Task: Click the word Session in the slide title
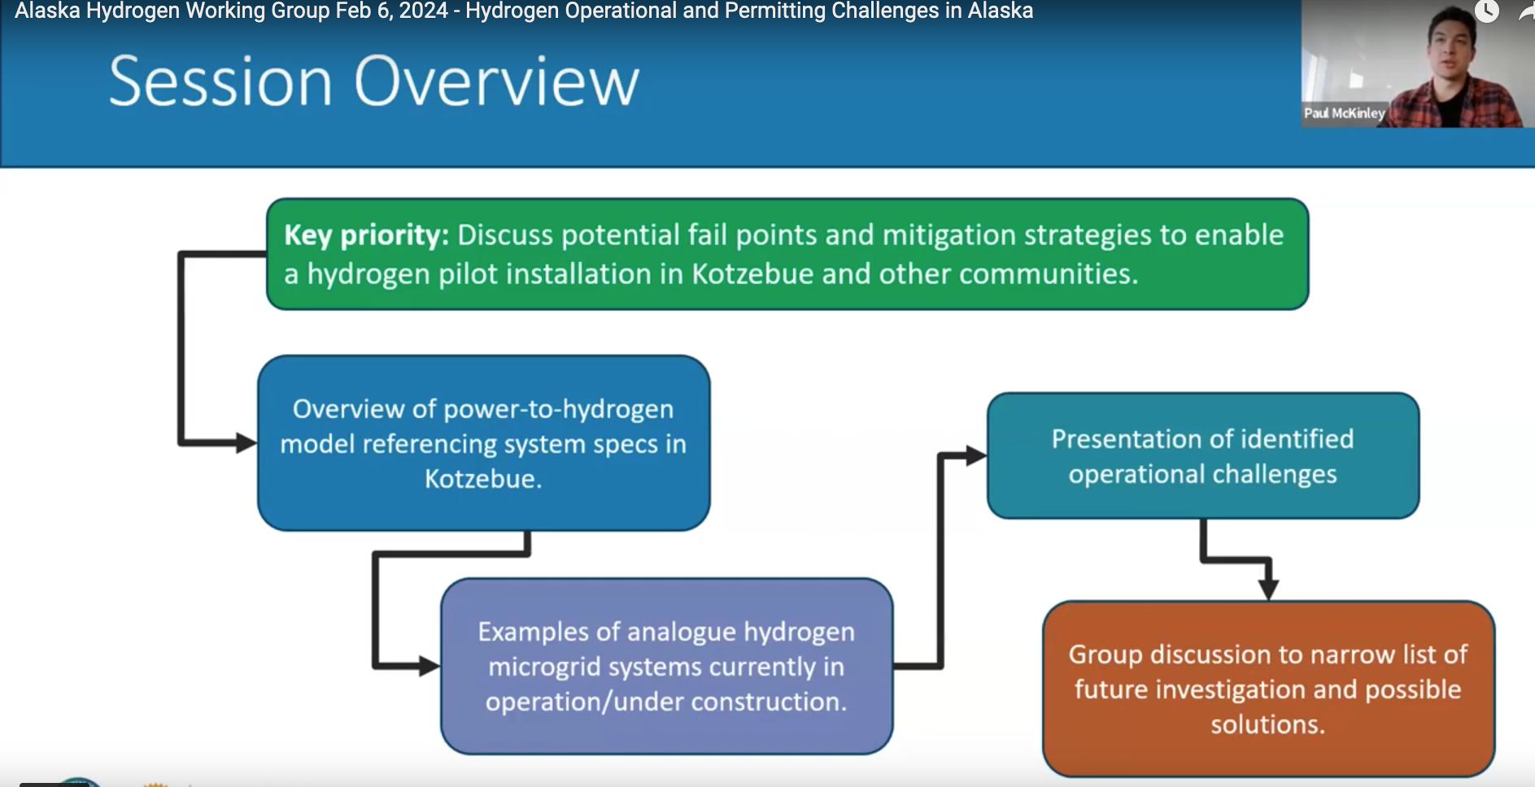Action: pyautogui.click(x=220, y=81)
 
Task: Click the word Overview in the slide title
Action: pyautogui.click(x=496, y=81)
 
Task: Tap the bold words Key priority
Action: pyautogui.click(x=366, y=236)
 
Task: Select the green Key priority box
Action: pyautogui.click(x=787, y=254)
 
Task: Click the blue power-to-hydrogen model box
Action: pyautogui.click(x=484, y=443)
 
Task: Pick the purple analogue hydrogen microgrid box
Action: pyautogui.click(x=667, y=666)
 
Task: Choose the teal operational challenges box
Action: pyautogui.click(x=1203, y=456)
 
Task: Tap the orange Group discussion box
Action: pyautogui.click(x=1268, y=689)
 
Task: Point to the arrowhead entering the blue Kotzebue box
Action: pyautogui.click(x=246, y=443)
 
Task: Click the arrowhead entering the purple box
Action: pyautogui.click(x=430, y=667)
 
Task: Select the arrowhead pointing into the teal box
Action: pyautogui.click(x=976, y=456)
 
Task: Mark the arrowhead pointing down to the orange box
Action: pyautogui.click(x=1268, y=589)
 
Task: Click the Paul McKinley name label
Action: pyautogui.click(x=1344, y=113)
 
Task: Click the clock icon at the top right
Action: pyautogui.click(x=1486, y=11)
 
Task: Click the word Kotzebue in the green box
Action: pyautogui.click(x=752, y=274)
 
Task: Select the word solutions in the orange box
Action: pyautogui.click(x=1267, y=724)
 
